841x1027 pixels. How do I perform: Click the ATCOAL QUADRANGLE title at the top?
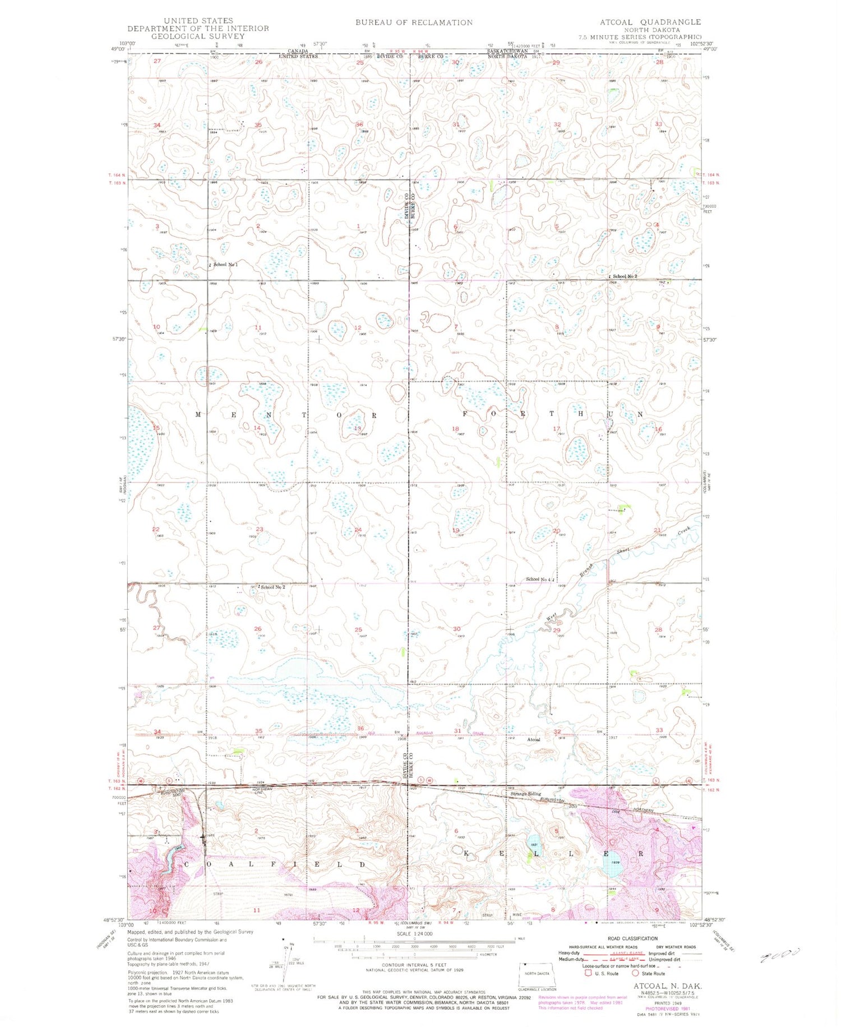pos(650,22)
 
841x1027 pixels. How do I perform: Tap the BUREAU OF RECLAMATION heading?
pos(414,22)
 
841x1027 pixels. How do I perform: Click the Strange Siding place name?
pos(525,794)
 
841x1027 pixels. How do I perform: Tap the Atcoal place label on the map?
pos(534,739)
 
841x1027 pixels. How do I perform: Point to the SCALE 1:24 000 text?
pos(414,934)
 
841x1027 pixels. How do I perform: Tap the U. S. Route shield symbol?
pos(588,973)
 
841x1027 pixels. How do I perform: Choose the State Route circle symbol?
pos(635,973)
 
